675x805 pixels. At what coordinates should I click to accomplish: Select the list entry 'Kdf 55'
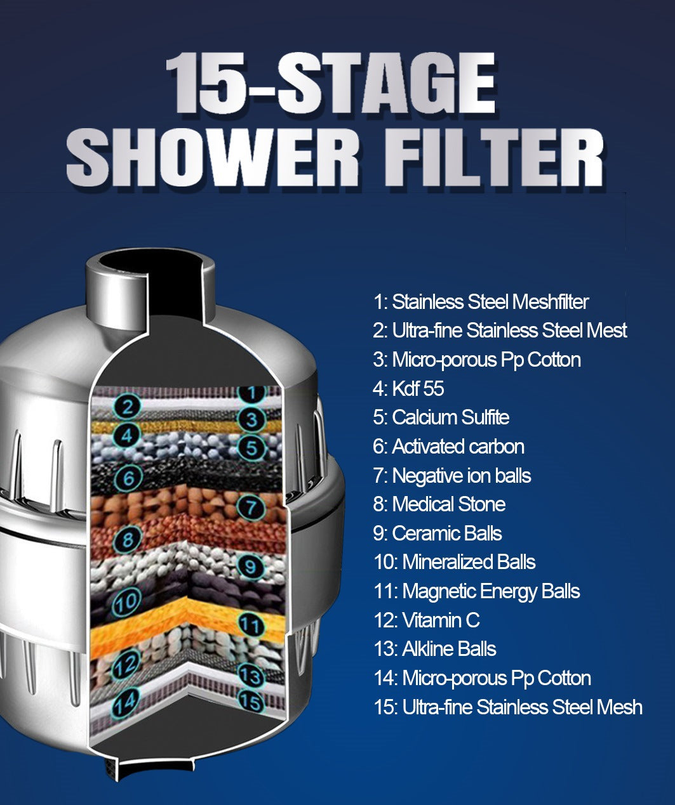[408, 388]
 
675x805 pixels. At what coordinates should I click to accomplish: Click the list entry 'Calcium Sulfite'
[441, 417]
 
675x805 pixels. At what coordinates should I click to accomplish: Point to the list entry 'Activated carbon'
[448, 447]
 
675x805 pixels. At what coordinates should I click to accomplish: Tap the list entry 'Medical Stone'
[439, 504]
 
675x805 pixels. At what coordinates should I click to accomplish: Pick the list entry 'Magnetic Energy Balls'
[477, 591]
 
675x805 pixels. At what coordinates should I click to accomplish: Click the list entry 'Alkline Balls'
[435, 649]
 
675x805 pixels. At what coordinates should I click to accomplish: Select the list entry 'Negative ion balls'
[452, 476]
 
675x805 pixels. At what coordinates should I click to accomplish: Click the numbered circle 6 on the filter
[128, 476]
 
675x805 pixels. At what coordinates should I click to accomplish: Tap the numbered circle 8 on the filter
[128, 540]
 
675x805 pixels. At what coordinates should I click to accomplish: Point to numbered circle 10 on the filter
[127, 601]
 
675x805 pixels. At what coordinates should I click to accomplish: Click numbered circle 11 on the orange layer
[251, 625]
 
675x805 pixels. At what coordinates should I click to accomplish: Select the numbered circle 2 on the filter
[128, 406]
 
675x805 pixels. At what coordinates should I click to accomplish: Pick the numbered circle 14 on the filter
[125, 702]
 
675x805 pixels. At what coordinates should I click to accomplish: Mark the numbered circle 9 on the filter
[250, 565]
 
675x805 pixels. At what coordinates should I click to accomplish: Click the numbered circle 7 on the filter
[251, 507]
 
